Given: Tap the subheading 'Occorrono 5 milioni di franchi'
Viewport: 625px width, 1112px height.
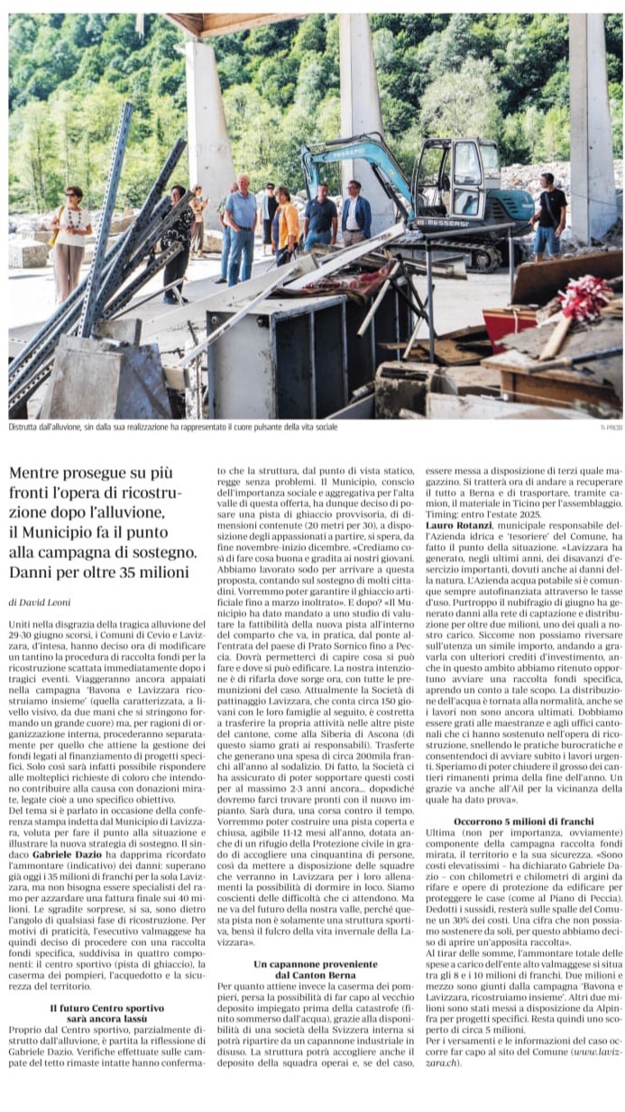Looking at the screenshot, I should tap(523, 823).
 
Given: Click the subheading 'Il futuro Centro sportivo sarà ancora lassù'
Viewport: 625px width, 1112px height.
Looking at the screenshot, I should tap(106, 1013).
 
